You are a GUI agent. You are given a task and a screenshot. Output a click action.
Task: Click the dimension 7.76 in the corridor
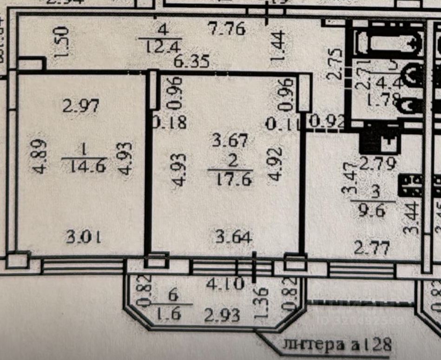227,30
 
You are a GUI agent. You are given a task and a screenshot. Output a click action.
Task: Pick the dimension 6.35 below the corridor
191,61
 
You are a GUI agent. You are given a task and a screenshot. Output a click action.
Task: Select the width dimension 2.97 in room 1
81,106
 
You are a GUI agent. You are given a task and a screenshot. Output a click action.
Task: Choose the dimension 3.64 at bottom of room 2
234,238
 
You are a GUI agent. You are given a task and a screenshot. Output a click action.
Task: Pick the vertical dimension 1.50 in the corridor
62,42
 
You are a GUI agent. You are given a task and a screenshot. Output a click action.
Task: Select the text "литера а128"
337,345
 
